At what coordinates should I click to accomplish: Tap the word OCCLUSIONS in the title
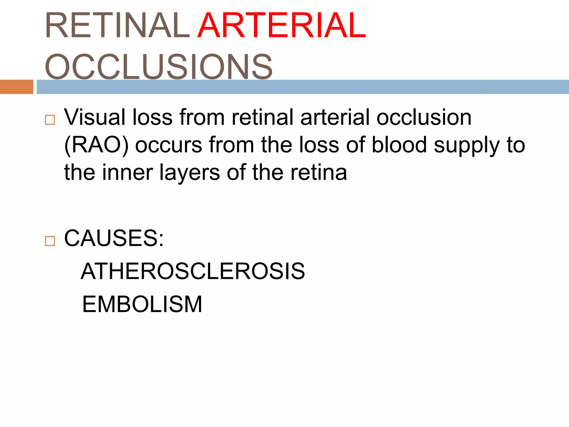coord(159,67)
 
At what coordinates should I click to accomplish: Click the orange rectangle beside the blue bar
coord(16,87)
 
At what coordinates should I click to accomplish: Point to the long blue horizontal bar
coord(303,87)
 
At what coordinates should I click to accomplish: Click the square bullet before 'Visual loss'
coord(50,120)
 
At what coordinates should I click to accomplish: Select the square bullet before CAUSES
coord(50,241)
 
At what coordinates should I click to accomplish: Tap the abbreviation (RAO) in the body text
coord(96,145)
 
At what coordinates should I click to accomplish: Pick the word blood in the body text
coord(399,145)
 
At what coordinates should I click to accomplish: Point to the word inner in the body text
coord(128,172)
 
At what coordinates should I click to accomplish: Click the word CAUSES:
coord(114,238)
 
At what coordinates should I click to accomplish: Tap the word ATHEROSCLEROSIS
coord(193,271)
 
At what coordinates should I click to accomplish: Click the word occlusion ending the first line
coord(424,117)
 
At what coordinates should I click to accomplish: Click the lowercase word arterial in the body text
coord(335,117)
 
